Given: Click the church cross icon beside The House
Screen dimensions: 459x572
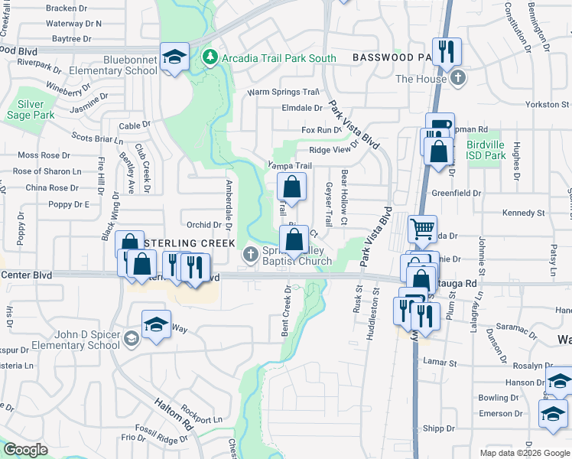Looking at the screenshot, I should click(458, 78).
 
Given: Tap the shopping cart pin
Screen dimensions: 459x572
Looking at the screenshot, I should click(422, 227).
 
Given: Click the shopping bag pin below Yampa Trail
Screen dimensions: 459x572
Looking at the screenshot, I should click(291, 186).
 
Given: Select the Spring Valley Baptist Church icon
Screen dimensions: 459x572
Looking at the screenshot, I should click(250, 255).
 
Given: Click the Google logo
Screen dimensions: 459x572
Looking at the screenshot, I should click(26, 450).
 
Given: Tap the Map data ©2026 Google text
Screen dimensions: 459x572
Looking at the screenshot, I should click(525, 453).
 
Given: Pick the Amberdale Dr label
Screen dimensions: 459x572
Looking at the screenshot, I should click(228, 203).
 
